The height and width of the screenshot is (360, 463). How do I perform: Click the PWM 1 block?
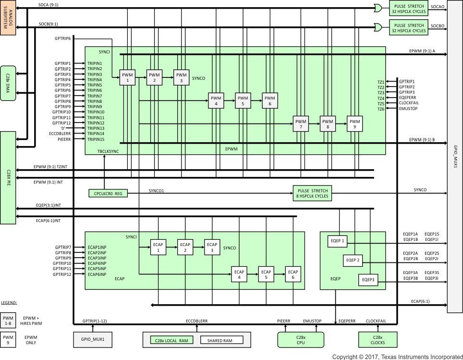coord(128,77)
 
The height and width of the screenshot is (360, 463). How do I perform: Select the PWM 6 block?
coord(270,100)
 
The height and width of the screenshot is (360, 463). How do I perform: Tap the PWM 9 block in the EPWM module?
coord(355,124)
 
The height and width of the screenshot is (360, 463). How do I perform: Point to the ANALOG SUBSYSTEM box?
coord(8,17)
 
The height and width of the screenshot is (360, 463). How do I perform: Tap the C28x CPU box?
coord(301,340)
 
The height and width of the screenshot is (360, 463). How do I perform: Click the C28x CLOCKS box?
coord(378,340)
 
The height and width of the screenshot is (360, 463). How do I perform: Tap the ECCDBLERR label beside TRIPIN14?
coord(60,134)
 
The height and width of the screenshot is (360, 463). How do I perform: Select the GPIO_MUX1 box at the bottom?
coord(93,339)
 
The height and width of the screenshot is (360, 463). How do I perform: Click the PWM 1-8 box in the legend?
coord(8,320)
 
